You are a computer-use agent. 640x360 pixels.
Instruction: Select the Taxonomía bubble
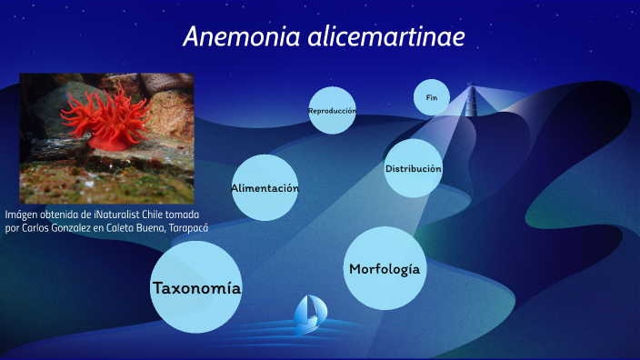coord(196,289)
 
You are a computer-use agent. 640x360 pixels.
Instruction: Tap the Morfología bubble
coord(385,268)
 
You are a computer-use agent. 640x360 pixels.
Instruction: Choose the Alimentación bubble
coord(265,188)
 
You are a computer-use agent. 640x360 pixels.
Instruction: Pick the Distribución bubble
coord(414,169)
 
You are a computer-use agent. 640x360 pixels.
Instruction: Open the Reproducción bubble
coord(332,111)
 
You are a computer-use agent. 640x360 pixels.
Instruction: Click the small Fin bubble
coord(432,96)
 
